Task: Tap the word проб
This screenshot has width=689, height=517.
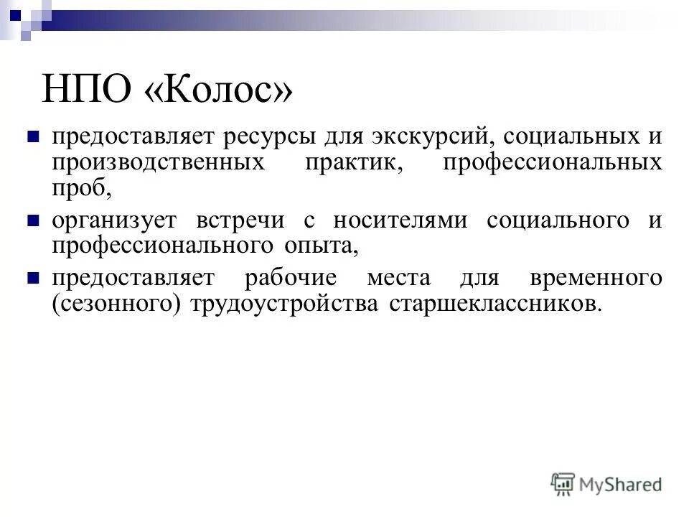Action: point(82,189)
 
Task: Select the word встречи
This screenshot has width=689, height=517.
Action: point(246,220)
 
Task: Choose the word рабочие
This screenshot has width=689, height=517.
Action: point(294,278)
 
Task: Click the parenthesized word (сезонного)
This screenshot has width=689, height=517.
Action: point(117,304)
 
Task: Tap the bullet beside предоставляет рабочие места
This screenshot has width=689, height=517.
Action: point(32,278)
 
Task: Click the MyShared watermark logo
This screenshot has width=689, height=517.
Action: point(606,485)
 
